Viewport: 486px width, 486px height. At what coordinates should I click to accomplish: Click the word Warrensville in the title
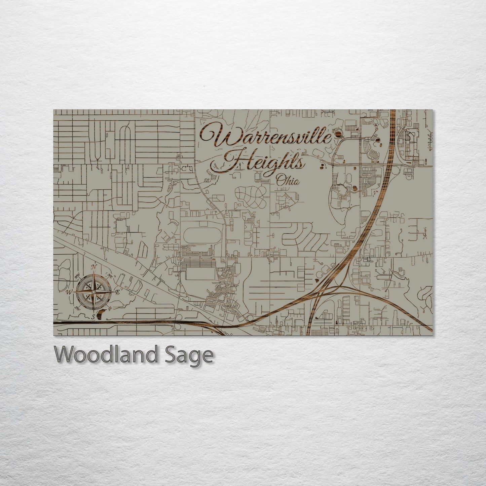click(266, 136)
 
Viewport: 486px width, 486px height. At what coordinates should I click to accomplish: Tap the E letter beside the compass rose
click(117, 292)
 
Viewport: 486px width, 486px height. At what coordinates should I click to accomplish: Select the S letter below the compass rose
click(94, 316)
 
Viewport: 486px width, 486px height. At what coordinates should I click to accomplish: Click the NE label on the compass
click(109, 275)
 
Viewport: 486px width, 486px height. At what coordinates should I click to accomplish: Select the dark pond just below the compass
click(102, 314)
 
